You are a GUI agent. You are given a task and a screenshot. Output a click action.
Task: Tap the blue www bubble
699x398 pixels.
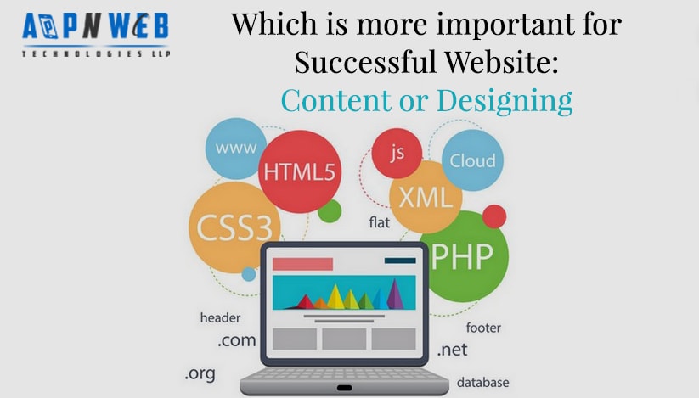(235, 148)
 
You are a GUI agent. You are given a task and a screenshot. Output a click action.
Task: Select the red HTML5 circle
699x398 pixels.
(299, 171)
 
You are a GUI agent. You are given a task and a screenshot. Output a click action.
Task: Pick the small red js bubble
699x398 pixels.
(397, 154)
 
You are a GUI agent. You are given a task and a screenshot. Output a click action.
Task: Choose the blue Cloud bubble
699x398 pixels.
(472, 160)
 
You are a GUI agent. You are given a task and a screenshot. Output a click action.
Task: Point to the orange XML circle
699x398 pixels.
(426, 198)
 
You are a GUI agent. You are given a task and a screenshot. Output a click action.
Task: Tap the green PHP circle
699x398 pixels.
(463, 256)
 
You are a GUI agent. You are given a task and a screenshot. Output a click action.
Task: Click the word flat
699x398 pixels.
(379, 222)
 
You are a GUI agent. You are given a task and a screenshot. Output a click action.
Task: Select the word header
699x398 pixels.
(220, 317)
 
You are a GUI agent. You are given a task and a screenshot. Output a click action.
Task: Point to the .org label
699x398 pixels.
(200, 373)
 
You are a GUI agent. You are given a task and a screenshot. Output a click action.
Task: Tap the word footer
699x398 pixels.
(483, 327)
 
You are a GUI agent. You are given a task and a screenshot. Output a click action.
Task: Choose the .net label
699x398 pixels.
(453, 349)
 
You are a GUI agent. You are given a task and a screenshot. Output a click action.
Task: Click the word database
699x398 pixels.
(482, 382)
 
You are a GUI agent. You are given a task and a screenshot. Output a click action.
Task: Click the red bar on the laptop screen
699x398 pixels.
(302, 264)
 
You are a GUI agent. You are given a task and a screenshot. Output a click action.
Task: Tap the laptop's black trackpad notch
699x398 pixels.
(344, 388)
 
